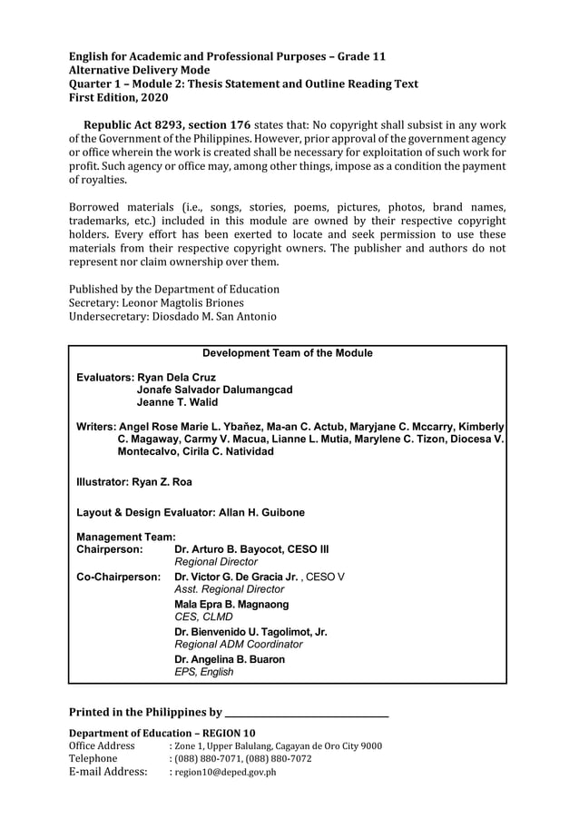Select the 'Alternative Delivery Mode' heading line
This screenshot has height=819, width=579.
pos(139,70)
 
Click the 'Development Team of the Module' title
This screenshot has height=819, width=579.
pos(287,353)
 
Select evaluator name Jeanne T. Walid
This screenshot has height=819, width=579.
pos(177,402)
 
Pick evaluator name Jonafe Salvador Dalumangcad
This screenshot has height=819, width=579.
pos(214,390)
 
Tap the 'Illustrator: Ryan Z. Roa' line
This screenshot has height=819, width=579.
pos(134,482)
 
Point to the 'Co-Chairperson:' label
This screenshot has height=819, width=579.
pos(119,577)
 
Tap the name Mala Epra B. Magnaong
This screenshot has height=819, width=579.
pos(231,605)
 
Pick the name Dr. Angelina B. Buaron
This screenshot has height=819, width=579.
pos(229,659)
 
